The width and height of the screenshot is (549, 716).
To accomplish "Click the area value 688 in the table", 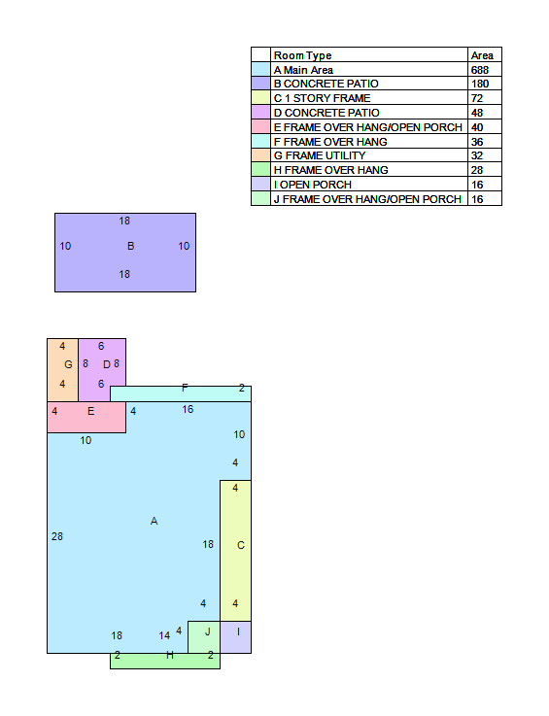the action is (480, 70).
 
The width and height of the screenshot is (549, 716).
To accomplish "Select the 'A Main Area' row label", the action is (303, 70).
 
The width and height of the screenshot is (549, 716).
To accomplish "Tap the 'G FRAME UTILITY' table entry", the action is (320, 155).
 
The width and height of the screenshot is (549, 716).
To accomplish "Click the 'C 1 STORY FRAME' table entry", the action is (322, 98).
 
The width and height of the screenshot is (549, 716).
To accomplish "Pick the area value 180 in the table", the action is (480, 84).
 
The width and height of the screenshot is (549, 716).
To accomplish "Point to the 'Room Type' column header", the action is (302, 55).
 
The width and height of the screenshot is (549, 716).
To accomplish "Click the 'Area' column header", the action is (482, 55).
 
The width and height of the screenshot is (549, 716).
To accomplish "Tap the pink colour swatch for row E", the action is (260, 127).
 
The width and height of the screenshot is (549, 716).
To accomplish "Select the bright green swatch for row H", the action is (260, 170).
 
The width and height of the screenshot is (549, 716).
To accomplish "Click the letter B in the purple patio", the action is (130, 246).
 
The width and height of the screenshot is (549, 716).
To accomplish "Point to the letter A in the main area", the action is (154, 521).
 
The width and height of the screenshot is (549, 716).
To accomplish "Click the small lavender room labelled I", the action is (236, 637).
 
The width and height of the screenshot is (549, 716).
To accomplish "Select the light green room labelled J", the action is (204, 637).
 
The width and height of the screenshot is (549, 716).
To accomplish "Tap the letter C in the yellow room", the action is (241, 545).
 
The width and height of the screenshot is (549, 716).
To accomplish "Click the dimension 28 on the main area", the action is (57, 536).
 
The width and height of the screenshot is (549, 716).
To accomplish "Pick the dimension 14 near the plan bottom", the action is (164, 635).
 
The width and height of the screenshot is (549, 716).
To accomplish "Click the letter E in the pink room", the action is (91, 411).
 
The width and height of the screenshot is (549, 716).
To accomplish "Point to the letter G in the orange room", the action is (69, 364).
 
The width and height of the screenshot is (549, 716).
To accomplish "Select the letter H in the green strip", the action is (170, 655).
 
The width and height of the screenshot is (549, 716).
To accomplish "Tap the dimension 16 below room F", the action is (188, 409).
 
